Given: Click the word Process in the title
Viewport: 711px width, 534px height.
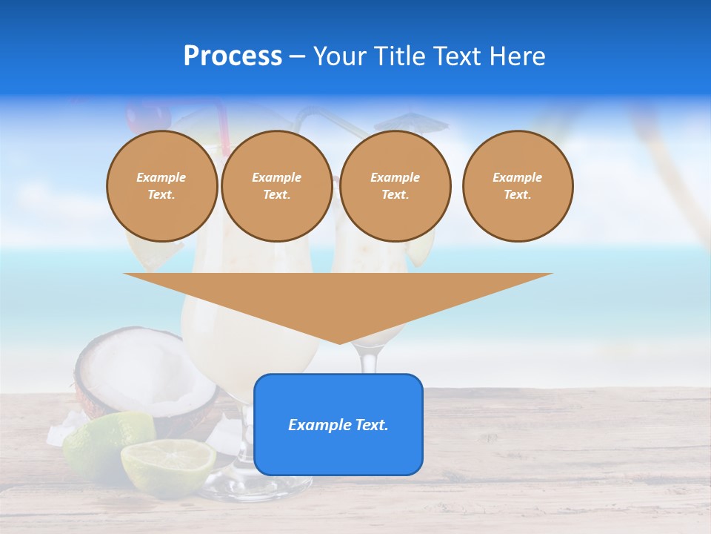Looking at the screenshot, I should pyautogui.click(x=233, y=56).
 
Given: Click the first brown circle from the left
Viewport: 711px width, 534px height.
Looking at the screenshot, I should pyautogui.click(x=162, y=186).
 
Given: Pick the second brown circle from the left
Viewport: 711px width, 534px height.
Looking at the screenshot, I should pyautogui.click(x=277, y=186).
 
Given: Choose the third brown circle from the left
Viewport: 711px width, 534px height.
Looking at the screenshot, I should pyautogui.click(x=395, y=186).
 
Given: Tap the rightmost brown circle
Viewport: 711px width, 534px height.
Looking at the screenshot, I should pyautogui.click(x=518, y=186).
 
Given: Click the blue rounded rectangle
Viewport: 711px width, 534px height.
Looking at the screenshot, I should pyautogui.click(x=338, y=452).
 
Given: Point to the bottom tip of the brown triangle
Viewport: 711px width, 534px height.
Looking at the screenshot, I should pyautogui.click(x=339, y=343).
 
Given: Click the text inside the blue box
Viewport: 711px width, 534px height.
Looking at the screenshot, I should pyautogui.click(x=338, y=425).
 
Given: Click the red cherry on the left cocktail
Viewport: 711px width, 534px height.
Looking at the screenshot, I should pyautogui.click(x=137, y=115).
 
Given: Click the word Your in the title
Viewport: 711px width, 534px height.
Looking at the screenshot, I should pyautogui.click(x=338, y=56).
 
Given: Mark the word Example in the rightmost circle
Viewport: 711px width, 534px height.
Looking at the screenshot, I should pyautogui.click(x=518, y=177).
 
